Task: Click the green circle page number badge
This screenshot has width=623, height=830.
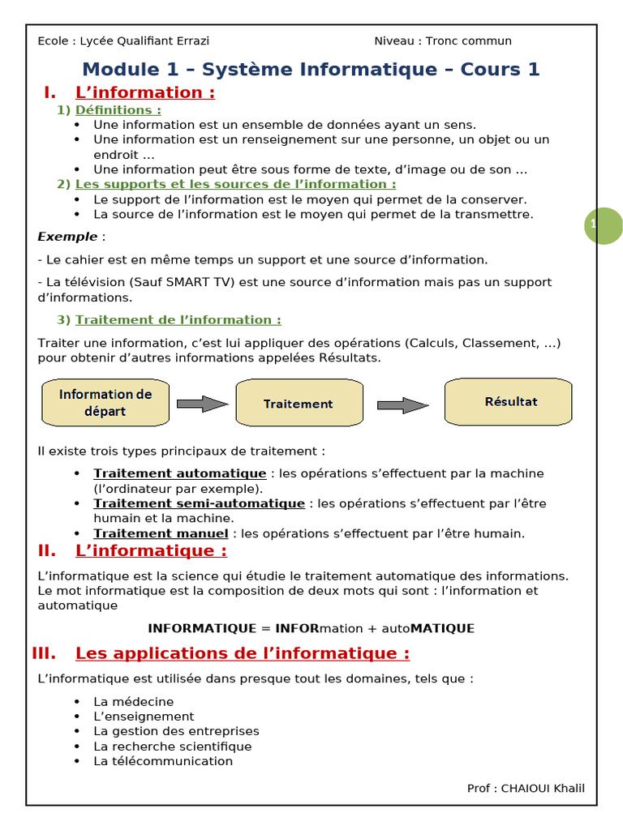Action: [x=603, y=226]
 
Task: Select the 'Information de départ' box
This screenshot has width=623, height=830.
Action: [x=105, y=403]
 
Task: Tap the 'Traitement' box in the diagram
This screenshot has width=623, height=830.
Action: [x=298, y=403]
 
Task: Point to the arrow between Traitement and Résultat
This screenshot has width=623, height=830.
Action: [x=402, y=405]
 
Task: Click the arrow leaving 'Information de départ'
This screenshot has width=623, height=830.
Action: [x=202, y=404]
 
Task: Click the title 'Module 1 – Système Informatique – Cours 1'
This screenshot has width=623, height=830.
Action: [x=311, y=70]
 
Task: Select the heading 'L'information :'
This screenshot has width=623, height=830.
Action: [x=145, y=92]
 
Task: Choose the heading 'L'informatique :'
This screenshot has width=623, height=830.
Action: [x=151, y=551]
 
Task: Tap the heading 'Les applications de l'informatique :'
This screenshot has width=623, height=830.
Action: [x=242, y=653]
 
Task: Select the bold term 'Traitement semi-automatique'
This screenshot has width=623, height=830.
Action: [x=199, y=503]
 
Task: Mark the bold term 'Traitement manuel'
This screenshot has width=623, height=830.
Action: [x=161, y=533]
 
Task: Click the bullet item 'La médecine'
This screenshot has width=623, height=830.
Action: [x=133, y=701]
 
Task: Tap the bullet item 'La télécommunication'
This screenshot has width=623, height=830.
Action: [x=162, y=761]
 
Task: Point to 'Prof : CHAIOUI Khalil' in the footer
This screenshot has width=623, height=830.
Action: [x=525, y=789]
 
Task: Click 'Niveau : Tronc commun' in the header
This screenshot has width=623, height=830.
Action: [x=442, y=41]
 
